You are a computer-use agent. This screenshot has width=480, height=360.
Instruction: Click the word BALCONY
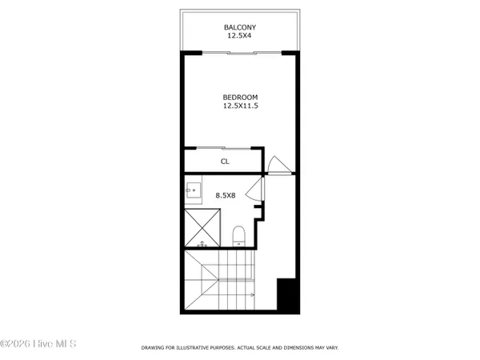(x=239, y=28)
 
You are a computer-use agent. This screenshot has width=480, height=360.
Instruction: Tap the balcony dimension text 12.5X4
(x=239, y=37)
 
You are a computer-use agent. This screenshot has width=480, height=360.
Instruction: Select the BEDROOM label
(x=239, y=98)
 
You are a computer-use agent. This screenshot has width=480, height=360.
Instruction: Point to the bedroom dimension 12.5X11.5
(x=239, y=106)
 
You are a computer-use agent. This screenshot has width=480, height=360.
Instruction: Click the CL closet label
(x=226, y=161)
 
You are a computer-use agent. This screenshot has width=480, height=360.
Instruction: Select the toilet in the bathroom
(x=237, y=235)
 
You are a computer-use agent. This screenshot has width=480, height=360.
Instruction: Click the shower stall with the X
(x=202, y=227)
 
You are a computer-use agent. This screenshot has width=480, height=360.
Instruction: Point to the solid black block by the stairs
(x=287, y=296)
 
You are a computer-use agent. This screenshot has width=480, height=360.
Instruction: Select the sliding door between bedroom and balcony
(x=239, y=53)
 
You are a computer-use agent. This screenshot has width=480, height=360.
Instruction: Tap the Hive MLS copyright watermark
(x=38, y=345)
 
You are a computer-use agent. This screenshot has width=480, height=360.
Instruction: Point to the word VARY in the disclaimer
(x=330, y=348)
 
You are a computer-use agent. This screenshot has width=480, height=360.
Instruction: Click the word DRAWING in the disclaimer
(x=154, y=348)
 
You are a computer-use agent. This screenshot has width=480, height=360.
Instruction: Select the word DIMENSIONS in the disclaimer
(x=291, y=348)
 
